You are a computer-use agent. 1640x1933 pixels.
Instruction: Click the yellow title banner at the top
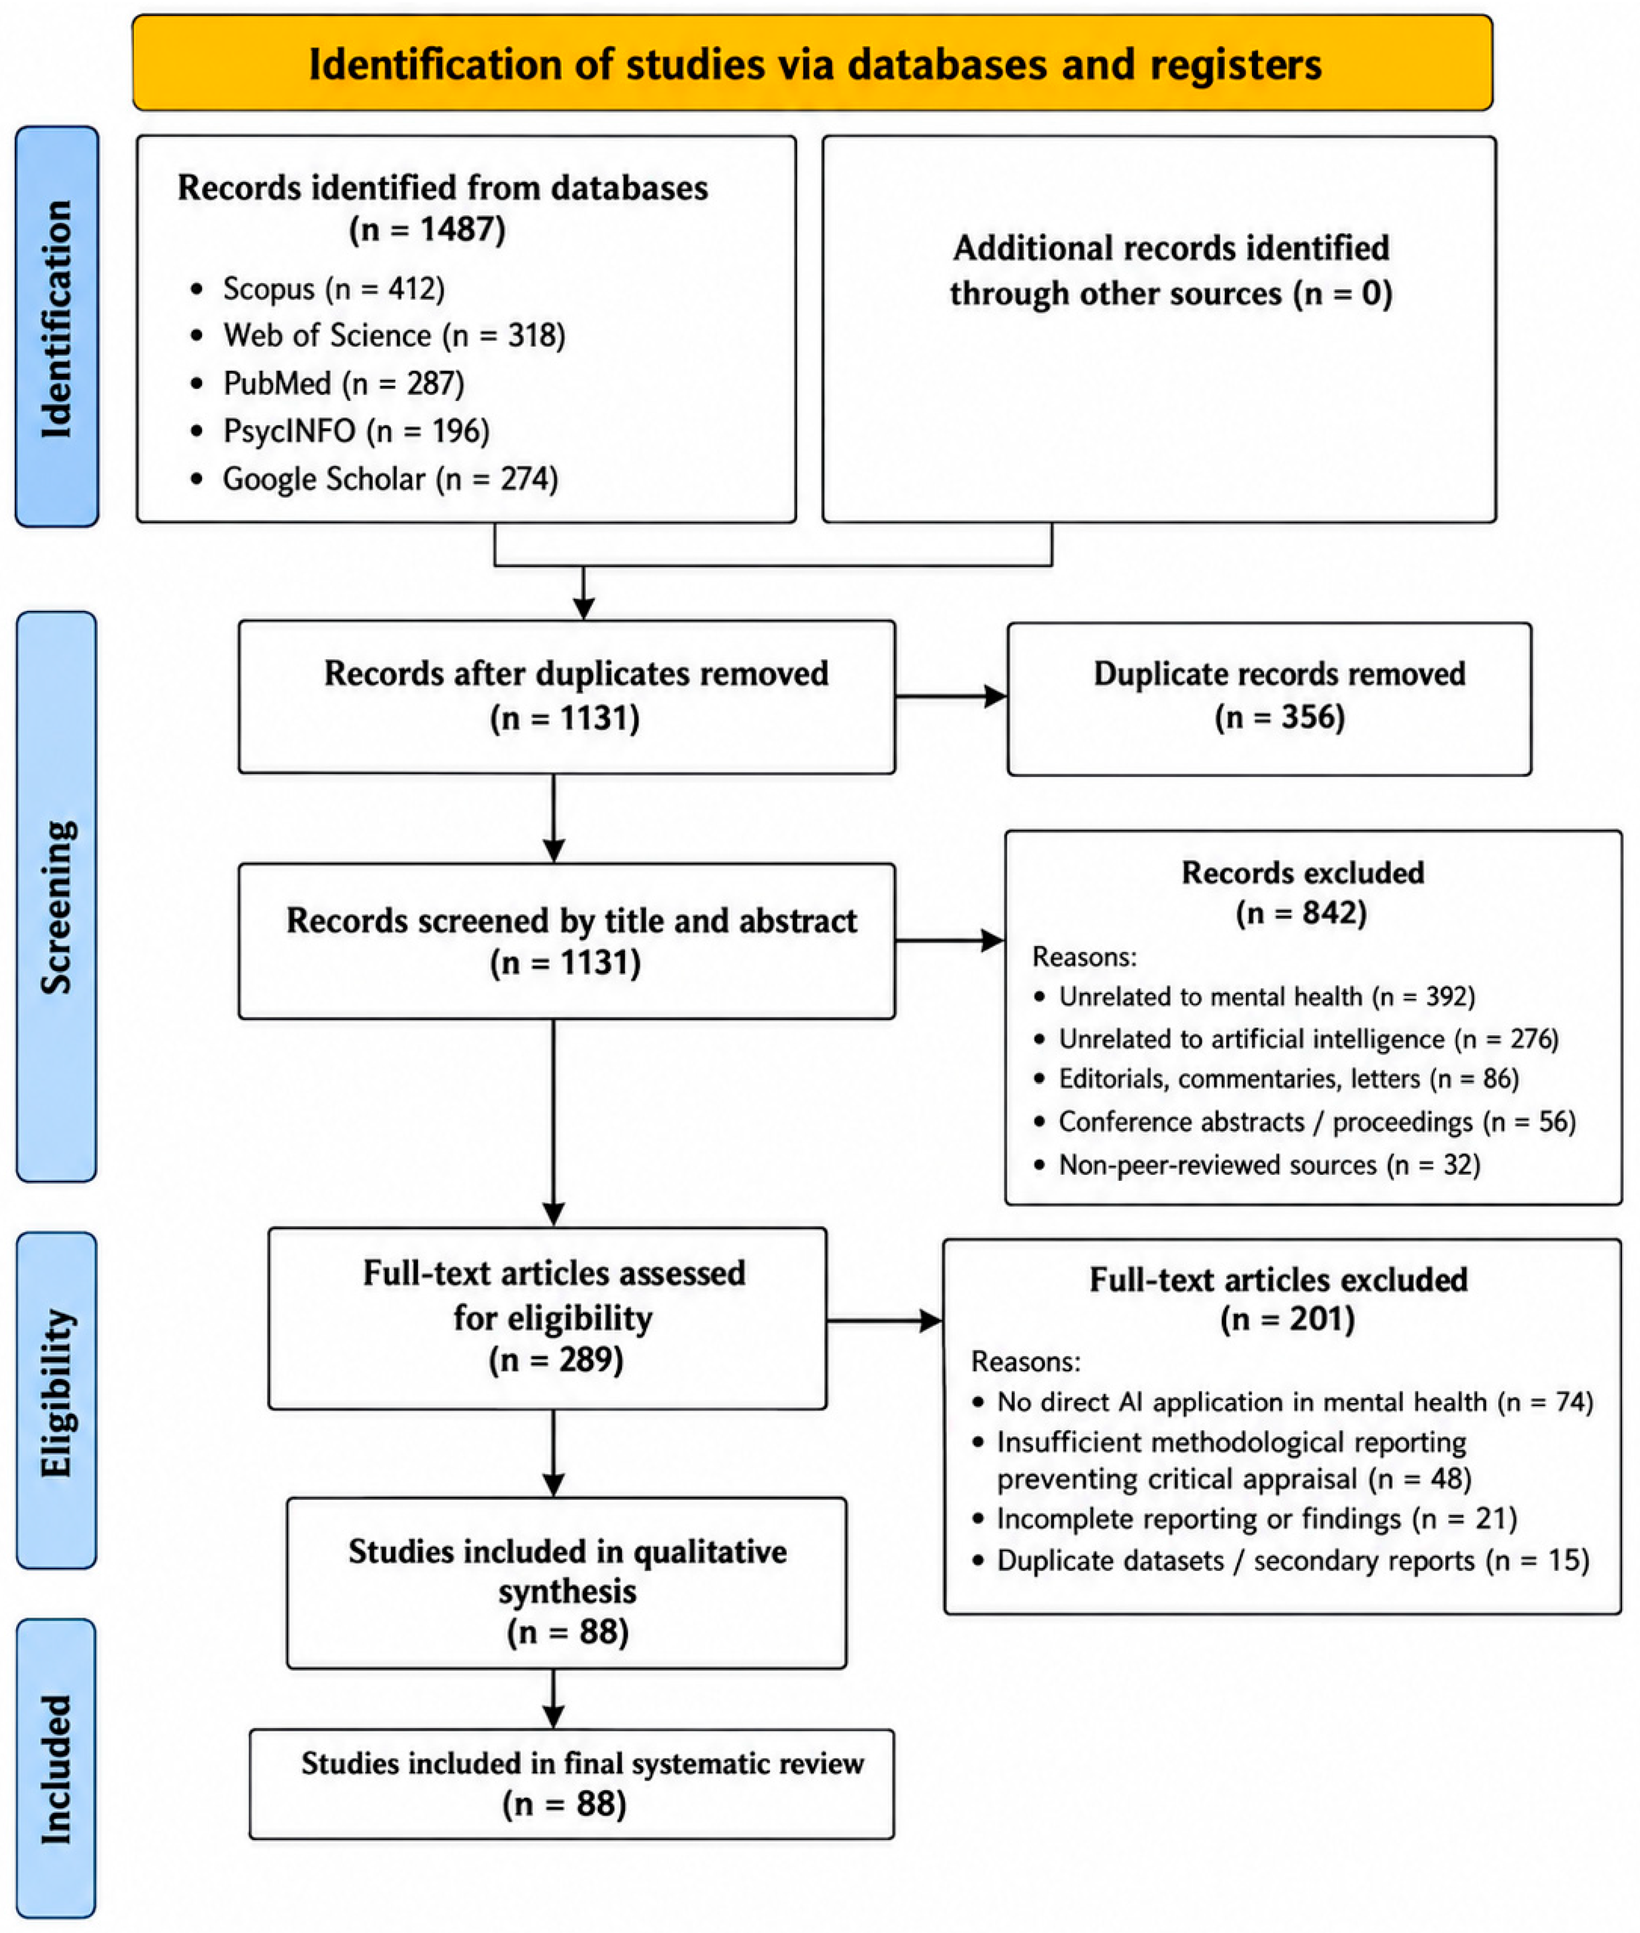[812, 63]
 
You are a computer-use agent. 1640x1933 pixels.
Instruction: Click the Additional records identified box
[1159, 329]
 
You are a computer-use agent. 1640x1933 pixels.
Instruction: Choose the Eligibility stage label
[56, 1400]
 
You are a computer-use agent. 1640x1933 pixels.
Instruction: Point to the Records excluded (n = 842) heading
[1303, 893]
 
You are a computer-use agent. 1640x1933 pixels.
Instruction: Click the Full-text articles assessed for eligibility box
[548, 1318]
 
